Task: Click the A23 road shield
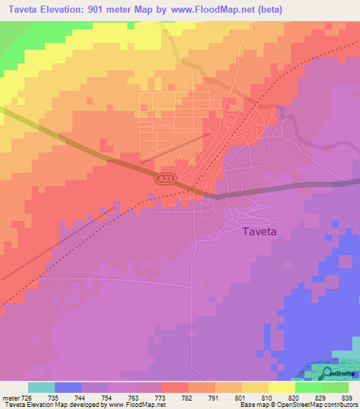(163, 181)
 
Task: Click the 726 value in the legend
(27, 397)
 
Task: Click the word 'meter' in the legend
(9, 397)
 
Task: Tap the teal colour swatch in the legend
(41, 387)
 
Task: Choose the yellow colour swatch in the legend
(281, 387)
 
